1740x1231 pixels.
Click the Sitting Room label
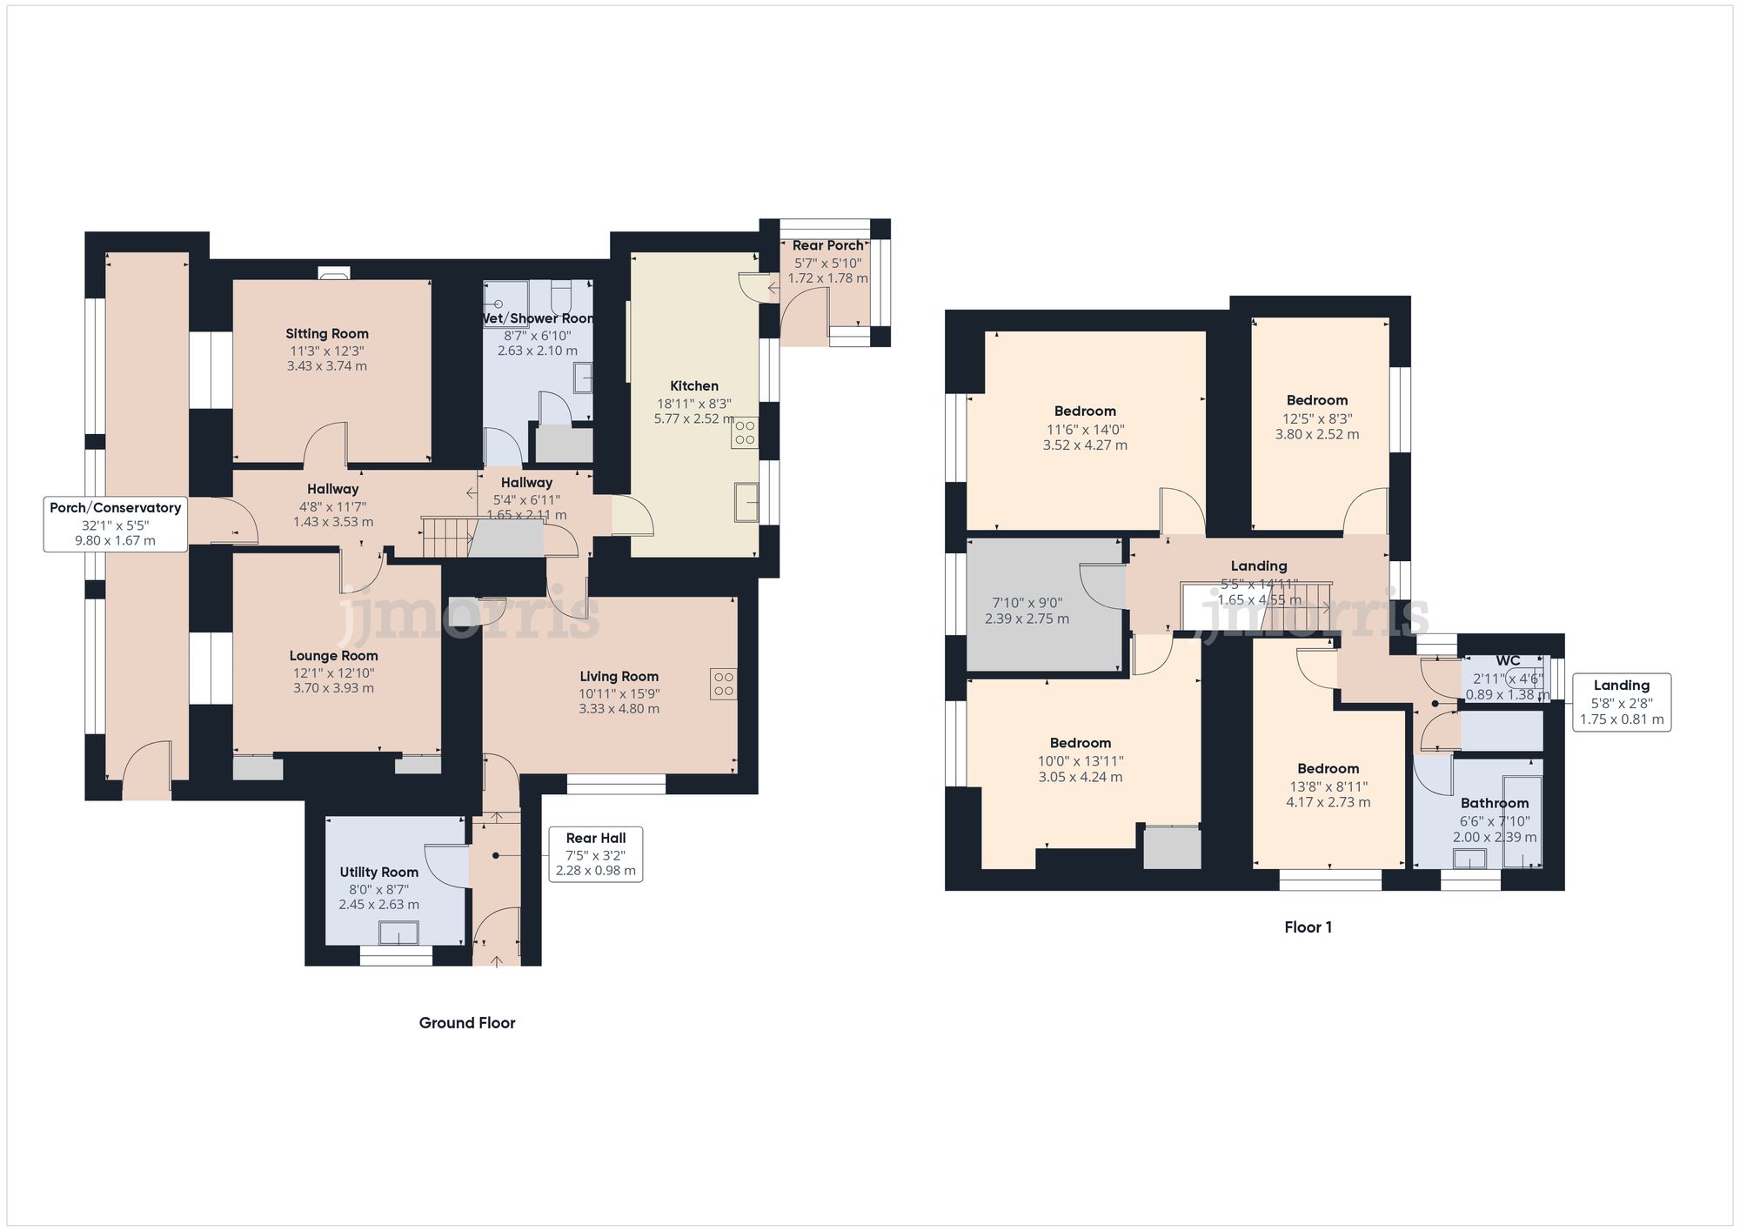[x=327, y=334]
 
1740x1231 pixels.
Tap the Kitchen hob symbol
[x=745, y=432]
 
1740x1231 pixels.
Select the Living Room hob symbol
[x=723, y=683]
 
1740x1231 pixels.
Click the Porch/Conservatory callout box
[x=116, y=524]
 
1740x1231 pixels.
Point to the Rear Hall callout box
[x=596, y=854]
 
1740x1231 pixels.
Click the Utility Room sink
[x=398, y=933]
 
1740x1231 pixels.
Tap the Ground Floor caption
[x=467, y=1023]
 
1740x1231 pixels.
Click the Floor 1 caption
[x=1308, y=927]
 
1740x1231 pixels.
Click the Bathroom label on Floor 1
[x=1494, y=803]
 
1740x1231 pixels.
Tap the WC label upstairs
[x=1508, y=661]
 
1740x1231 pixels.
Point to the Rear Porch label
[x=827, y=246]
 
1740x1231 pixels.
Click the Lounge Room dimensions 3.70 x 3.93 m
[x=333, y=688]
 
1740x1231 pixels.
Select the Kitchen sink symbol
[x=746, y=502]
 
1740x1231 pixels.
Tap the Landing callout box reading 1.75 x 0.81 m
[x=1621, y=702]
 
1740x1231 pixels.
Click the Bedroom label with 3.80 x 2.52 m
[x=1316, y=400]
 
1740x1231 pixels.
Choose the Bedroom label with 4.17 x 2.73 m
[x=1328, y=769]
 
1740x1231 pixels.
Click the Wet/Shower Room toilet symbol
[x=561, y=295]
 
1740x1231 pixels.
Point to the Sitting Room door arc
[x=326, y=439]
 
